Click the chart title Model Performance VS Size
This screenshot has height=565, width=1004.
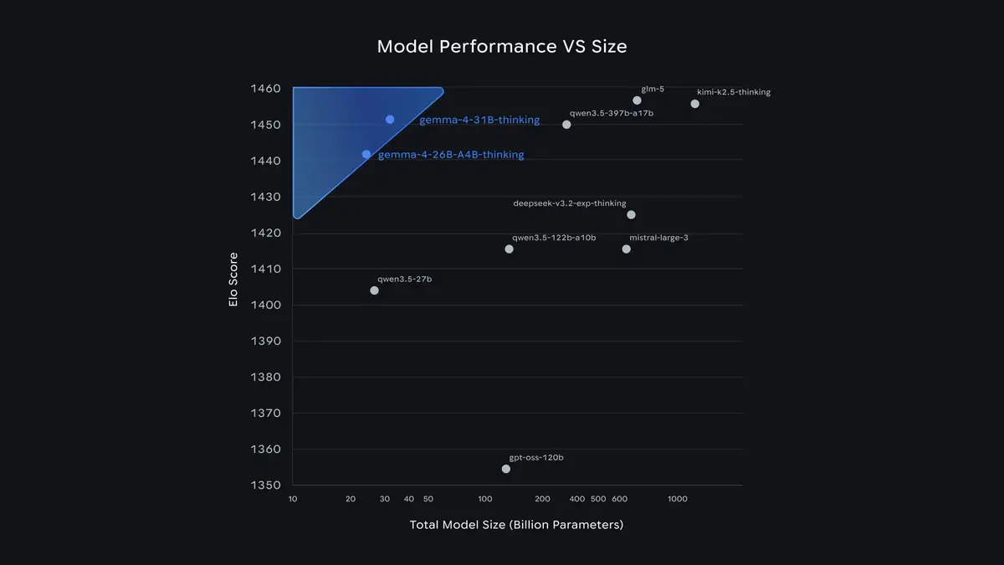pyautogui.click(x=502, y=46)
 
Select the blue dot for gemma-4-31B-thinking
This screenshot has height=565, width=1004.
pyautogui.click(x=390, y=120)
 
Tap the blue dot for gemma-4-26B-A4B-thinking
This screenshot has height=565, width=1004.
pyautogui.click(x=366, y=154)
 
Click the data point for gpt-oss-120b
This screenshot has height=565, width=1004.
pyautogui.click(x=506, y=469)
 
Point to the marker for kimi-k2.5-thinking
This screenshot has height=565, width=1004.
pyautogui.click(x=695, y=104)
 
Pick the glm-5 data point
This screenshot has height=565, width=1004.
pyautogui.click(x=638, y=100)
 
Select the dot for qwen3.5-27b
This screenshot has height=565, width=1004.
pyautogui.click(x=374, y=290)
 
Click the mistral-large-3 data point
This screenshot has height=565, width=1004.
pyautogui.click(x=627, y=249)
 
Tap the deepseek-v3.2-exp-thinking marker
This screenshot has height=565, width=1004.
pyautogui.click(x=632, y=215)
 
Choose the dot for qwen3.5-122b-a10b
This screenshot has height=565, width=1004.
pyautogui.click(x=510, y=249)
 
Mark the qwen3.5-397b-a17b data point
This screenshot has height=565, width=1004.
pyautogui.click(x=566, y=125)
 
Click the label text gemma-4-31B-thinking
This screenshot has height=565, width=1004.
pyautogui.click(x=479, y=121)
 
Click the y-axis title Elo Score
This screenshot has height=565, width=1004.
pyautogui.click(x=233, y=280)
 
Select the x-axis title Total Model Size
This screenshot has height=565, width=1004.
pyautogui.click(x=516, y=526)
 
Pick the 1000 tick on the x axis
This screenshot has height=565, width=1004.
pyautogui.click(x=677, y=499)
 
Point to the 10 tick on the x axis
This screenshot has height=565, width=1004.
pyautogui.click(x=293, y=499)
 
